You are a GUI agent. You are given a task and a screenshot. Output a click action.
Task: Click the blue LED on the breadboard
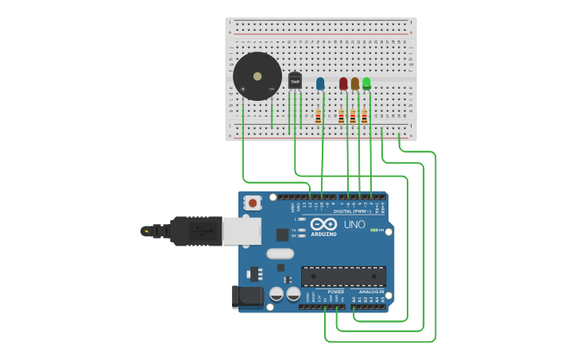point(320,83)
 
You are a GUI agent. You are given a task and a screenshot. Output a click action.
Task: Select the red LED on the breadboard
point(343,83)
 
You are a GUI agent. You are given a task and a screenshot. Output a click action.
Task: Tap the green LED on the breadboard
point(366,83)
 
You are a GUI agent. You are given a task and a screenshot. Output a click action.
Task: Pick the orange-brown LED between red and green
point(355,83)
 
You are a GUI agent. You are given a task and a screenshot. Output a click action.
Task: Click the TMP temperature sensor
point(295,81)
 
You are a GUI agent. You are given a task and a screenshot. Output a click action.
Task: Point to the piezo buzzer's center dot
point(257,76)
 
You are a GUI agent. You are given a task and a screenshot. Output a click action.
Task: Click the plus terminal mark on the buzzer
point(243,88)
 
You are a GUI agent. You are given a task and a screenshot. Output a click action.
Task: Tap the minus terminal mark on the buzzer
point(272,88)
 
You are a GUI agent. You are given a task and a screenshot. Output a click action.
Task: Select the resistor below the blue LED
point(318,117)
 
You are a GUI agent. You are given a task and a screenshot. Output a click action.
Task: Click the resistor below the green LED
point(365,117)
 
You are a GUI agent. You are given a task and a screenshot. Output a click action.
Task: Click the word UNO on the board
point(354,225)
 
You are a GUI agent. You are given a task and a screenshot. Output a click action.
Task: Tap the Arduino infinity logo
point(323,224)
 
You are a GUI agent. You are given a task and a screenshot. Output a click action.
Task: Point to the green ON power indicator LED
point(373,230)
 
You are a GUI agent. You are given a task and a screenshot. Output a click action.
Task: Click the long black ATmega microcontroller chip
point(343,276)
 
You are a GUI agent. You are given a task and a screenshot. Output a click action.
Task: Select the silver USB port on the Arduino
point(242,231)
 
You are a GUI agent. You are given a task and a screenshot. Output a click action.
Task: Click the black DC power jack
point(248,296)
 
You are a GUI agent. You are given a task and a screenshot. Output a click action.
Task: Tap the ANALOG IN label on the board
point(370,292)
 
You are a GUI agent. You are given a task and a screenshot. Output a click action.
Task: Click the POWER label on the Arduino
point(336,292)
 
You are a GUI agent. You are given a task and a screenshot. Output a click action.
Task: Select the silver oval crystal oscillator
point(280,254)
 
